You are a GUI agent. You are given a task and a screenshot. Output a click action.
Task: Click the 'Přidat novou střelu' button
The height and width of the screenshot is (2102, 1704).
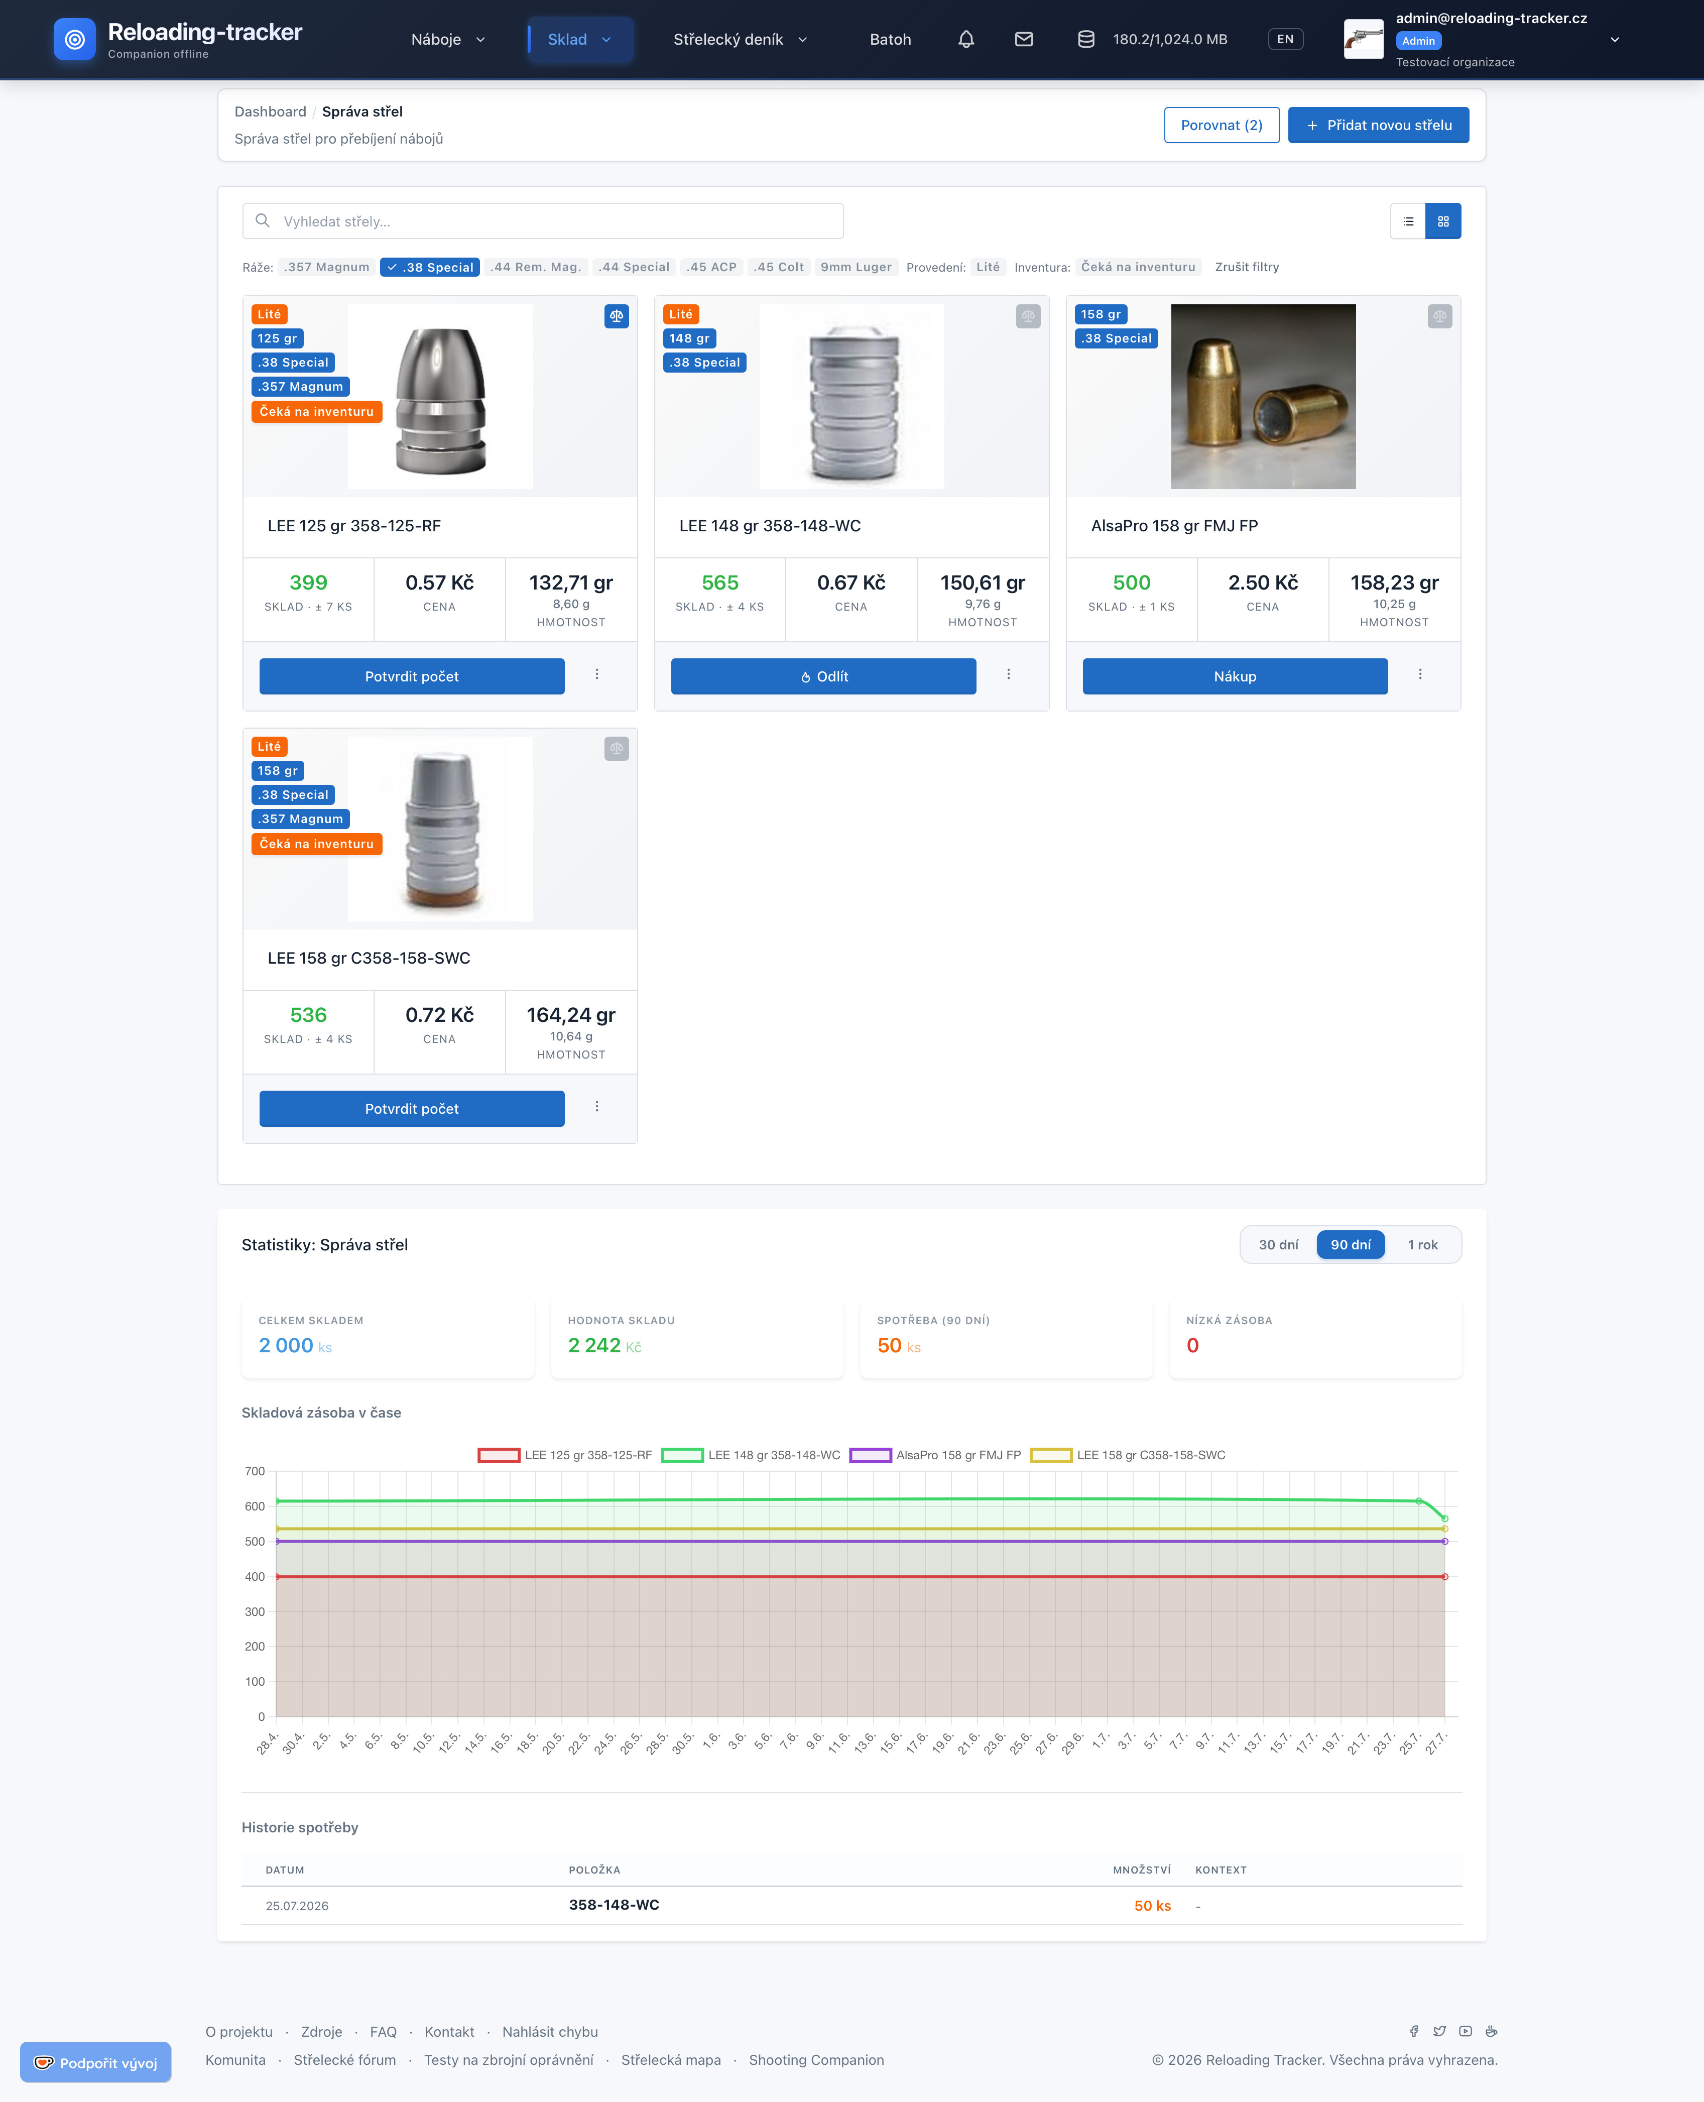(1378, 125)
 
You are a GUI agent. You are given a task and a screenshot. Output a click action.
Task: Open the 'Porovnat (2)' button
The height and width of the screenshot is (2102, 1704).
(1221, 125)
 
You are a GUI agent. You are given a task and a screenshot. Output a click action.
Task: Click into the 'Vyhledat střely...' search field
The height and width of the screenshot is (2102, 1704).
(543, 221)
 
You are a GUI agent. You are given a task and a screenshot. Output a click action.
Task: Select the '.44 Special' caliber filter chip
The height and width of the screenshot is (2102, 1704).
(634, 267)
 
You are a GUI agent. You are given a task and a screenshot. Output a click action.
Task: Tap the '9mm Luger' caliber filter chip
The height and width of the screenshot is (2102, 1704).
(856, 267)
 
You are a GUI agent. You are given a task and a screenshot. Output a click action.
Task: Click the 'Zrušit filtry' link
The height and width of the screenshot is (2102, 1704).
(1247, 267)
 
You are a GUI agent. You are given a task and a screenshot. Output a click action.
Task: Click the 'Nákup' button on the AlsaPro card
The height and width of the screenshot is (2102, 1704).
(1235, 676)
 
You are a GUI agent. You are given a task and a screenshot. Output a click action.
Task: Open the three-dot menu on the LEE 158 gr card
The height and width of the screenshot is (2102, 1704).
(597, 1106)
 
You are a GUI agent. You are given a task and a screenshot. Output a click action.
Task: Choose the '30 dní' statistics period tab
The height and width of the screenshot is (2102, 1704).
(1278, 1245)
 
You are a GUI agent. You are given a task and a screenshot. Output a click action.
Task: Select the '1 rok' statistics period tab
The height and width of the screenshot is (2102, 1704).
(1422, 1245)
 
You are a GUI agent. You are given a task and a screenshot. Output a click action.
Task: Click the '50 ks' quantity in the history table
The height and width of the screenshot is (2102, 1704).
(1152, 1906)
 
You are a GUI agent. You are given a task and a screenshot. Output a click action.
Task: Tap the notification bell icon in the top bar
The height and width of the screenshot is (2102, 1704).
(966, 39)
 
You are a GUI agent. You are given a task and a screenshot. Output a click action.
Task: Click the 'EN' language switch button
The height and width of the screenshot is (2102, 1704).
(1285, 39)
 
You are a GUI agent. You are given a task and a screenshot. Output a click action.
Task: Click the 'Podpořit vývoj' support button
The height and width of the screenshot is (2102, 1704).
(95, 2063)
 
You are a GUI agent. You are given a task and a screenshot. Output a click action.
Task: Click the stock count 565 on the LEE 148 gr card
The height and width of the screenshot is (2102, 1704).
(719, 583)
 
